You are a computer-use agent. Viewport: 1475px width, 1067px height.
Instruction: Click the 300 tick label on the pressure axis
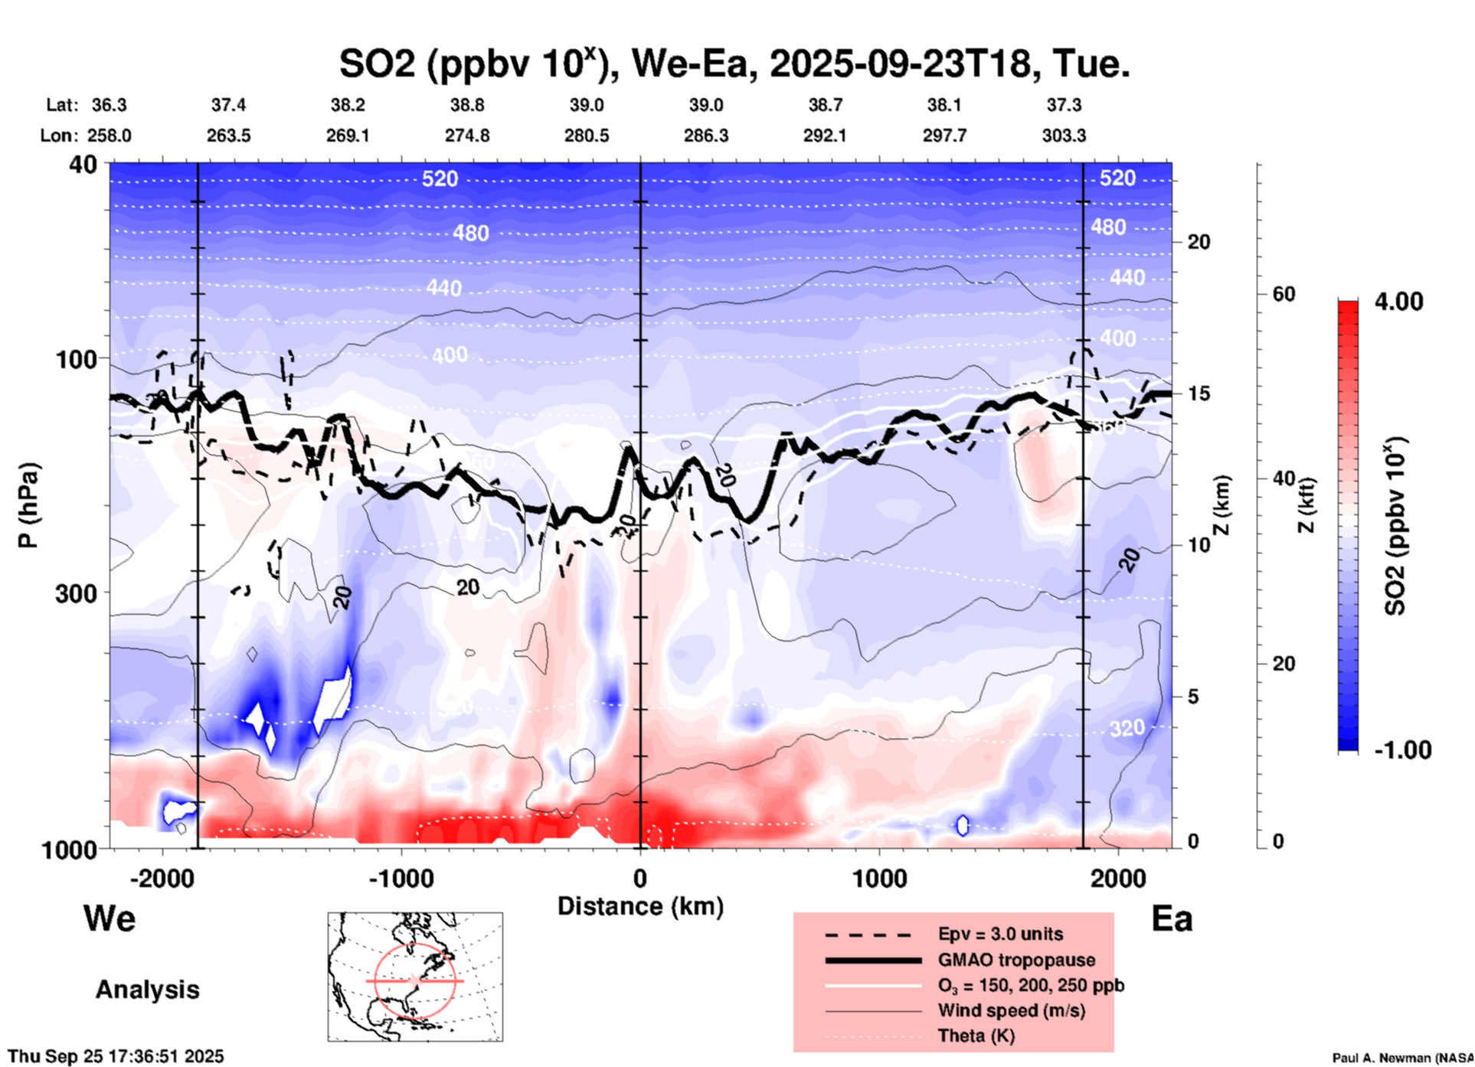coord(76,593)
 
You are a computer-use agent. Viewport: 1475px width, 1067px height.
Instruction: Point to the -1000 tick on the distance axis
coord(401,878)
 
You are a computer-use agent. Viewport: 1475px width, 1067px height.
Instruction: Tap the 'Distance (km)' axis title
coord(640,906)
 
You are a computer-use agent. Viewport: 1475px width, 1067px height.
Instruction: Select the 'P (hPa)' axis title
coord(28,505)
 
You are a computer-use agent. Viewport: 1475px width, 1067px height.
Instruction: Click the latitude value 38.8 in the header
coord(467,105)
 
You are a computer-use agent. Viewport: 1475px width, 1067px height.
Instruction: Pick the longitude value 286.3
coord(706,135)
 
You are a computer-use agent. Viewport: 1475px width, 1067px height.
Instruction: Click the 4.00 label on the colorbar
coord(1398,302)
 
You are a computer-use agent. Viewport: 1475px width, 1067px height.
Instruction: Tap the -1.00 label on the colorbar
coord(1402,750)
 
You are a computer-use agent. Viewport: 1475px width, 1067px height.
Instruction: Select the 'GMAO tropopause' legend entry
coord(1016,960)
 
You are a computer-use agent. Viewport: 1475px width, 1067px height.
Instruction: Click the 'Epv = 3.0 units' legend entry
coord(1000,934)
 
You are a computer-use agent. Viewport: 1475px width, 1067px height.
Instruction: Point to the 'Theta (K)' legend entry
coord(976,1036)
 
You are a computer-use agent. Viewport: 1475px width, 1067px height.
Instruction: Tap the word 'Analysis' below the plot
coord(147,990)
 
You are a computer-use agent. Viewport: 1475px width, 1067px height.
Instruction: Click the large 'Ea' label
coord(1172,919)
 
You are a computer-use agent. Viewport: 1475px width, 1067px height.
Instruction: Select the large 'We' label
coord(110,918)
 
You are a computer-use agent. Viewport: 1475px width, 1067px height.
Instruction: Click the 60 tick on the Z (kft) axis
coord(1284,294)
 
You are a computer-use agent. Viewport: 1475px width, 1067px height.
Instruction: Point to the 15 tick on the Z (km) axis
coord(1199,393)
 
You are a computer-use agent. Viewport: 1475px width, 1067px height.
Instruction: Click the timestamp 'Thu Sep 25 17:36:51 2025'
coord(116,1056)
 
